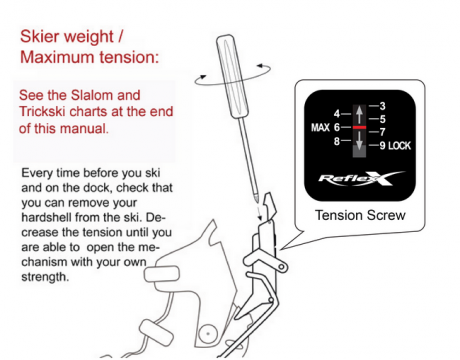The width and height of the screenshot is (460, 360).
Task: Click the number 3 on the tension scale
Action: [x=382, y=106]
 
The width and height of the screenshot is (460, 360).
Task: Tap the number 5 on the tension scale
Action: [x=382, y=119]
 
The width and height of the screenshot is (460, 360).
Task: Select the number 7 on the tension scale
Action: [x=382, y=132]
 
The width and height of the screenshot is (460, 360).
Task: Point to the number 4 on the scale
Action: [x=337, y=114]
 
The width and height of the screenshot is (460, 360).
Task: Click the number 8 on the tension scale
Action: [x=337, y=141]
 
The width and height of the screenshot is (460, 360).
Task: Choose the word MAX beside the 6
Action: [x=320, y=127]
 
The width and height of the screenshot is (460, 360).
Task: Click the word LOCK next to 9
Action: [x=399, y=146]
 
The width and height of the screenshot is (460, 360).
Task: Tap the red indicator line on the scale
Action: [x=359, y=127]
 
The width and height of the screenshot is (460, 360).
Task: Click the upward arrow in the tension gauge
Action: [x=359, y=115]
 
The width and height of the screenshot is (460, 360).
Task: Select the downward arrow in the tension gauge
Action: [x=359, y=140]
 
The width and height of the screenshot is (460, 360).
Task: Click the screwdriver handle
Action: [x=232, y=77]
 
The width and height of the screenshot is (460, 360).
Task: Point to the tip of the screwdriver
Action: [x=257, y=200]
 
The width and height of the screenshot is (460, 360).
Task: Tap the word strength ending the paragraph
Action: [x=45, y=277]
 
